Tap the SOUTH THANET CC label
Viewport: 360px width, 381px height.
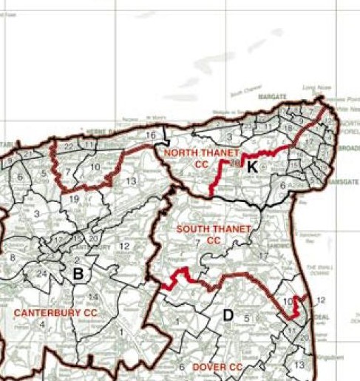click(214, 235)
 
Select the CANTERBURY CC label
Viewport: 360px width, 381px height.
click(55, 313)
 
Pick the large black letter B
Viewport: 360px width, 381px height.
click(77, 274)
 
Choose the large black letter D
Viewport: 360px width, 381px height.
click(228, 316)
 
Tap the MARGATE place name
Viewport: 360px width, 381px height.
click(271, 97)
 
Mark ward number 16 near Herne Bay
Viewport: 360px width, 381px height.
click(151, 135)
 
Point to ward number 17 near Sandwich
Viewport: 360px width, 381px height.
click(262, 257)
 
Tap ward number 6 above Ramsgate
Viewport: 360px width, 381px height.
click(282, 186)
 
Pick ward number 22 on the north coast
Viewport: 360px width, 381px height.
click(69, 146)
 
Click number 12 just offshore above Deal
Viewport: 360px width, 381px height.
click(319, 300)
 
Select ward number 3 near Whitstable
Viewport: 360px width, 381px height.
click(35, 214)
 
